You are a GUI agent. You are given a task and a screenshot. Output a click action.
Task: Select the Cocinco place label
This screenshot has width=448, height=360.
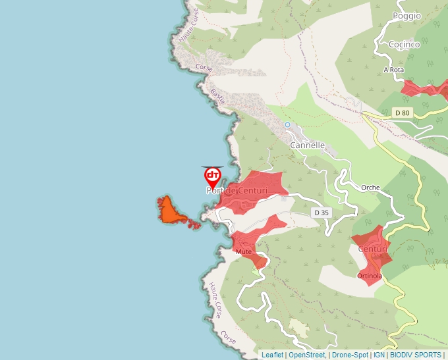404,44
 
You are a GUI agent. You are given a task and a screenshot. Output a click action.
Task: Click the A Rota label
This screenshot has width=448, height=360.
393,69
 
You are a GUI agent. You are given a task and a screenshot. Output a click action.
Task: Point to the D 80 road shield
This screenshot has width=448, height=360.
402,113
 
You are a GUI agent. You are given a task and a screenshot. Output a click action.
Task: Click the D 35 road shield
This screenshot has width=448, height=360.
321,213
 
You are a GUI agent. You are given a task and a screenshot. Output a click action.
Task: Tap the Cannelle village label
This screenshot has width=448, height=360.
308,145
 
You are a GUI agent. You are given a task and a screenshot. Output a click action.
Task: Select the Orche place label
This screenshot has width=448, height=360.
370,188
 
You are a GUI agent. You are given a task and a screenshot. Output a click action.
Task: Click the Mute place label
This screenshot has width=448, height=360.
244,252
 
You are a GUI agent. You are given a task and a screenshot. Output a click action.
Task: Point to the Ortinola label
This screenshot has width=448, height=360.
370,276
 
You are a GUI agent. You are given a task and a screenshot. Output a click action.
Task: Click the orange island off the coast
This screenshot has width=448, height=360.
169,211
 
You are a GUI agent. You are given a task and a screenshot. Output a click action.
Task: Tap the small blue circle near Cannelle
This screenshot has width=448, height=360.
287,124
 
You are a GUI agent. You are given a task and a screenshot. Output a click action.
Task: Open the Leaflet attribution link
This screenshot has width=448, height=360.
272,355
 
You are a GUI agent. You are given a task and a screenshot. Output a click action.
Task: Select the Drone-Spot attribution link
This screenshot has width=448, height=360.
350,355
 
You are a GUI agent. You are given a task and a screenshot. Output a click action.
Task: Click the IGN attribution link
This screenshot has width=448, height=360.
379,355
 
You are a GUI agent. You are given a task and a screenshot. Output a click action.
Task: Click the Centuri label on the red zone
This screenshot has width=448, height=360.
372,249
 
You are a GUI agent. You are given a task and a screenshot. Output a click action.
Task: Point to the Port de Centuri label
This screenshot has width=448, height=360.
237,191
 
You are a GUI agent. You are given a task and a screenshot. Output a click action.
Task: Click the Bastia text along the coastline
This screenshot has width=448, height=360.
218,96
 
